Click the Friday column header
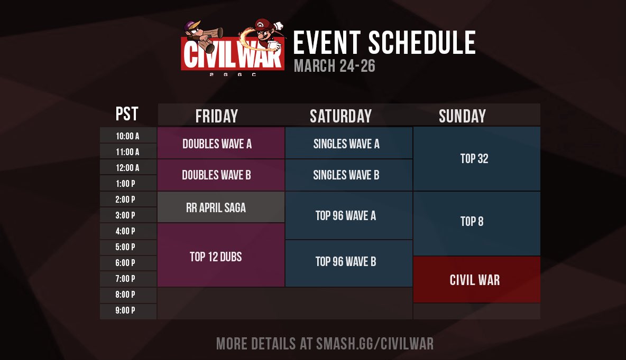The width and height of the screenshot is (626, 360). (216, 116)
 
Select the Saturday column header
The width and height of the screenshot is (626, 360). (340, 116)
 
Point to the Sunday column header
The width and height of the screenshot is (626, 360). (462, 116)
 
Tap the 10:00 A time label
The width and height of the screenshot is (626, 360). (128, 136)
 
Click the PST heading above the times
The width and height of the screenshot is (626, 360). (127, 113)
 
